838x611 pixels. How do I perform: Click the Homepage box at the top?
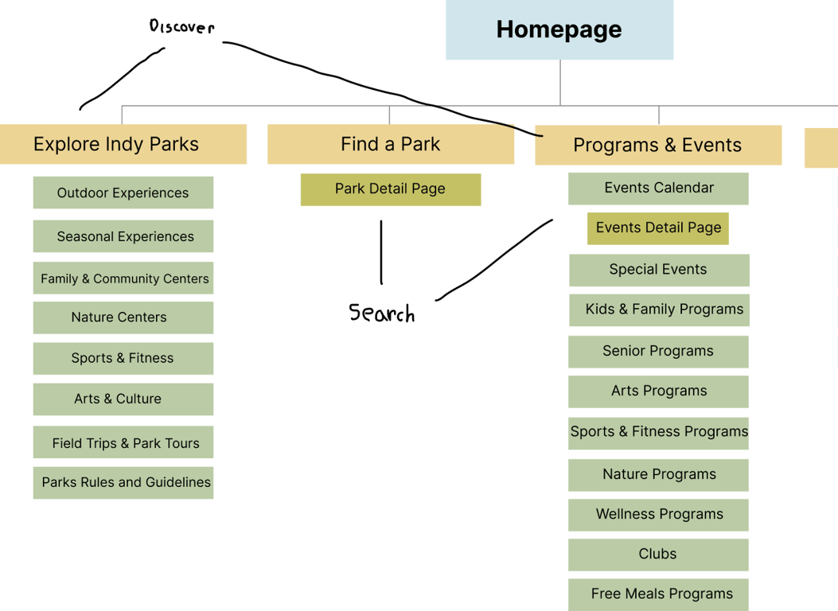click(x=559, y=30)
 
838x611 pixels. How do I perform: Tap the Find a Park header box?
click(x=390, y=144)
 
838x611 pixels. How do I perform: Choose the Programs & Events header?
click(x=657, y=145)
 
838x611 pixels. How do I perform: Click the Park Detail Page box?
click(x=390, y=189)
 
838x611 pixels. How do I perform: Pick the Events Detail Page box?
click(x=658, y=228)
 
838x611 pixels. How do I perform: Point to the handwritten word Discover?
click(x=181, y=28)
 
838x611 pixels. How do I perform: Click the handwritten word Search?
click(x=382, y=313)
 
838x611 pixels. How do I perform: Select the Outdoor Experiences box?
click(x=123, y=193)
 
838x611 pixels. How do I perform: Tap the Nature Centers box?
click(x=123, y=317)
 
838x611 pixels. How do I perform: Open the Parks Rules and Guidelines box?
click(x=123, y=483)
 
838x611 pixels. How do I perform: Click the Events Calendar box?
click(x=658, y=189)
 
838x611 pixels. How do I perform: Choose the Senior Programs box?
click(x=658, y=351)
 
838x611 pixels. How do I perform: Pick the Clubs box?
click(x=658, y=555)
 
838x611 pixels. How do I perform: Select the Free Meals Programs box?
click(x=658, y=593)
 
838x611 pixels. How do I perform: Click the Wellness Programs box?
click(x=658, y=515)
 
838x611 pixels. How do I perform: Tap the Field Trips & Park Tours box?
click(x=123, y=443)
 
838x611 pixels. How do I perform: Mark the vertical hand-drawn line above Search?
click(x=381, y=252)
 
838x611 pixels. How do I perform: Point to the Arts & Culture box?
click(x=123, y=399)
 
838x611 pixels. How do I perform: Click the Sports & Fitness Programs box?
click(x=658, y=432)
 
